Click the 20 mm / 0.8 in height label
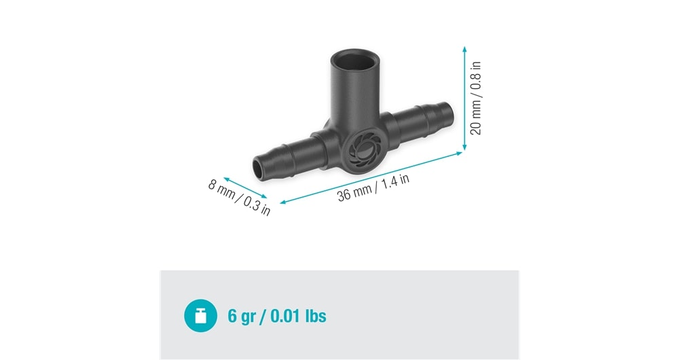tap(475, 98)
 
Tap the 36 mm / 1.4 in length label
tap(373, 187)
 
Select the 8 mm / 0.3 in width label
tap(239, 198)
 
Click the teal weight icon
tap(200, 315)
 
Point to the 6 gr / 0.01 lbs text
tap(277, 316)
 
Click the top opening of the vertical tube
tap(355, 59)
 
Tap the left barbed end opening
tap(257, 169)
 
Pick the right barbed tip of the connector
tap(447, 113)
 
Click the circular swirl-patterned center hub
tap(362, 151)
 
